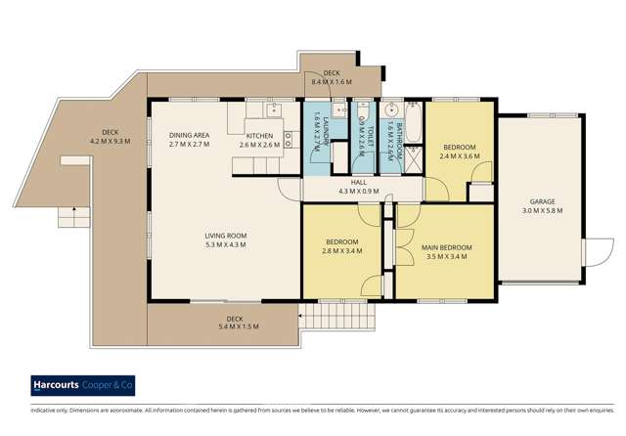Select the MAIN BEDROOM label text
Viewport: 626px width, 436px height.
point(447,248)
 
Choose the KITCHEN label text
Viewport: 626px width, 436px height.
point(260,136)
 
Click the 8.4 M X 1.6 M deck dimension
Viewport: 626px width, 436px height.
point(331,82)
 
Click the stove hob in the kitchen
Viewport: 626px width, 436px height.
point(289,138)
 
